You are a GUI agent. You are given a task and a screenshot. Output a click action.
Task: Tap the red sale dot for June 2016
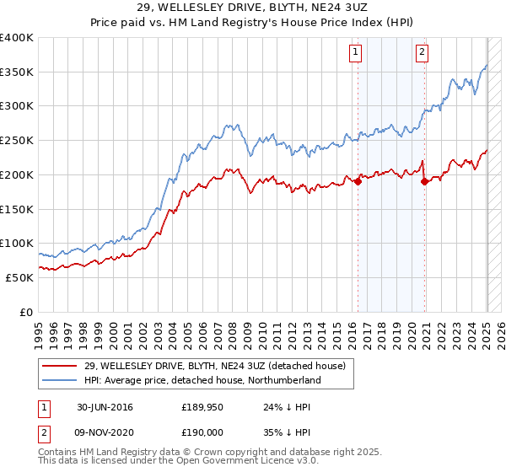(x=358, y=181)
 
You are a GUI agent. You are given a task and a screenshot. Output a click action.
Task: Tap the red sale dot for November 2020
(x=424, y=181)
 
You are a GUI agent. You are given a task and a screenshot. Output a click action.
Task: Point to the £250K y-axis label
(x=17, y=141)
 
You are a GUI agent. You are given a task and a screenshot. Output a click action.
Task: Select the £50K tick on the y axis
(x=20, y=277)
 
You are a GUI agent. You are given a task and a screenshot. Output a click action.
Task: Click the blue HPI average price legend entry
(x=202, y=381)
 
